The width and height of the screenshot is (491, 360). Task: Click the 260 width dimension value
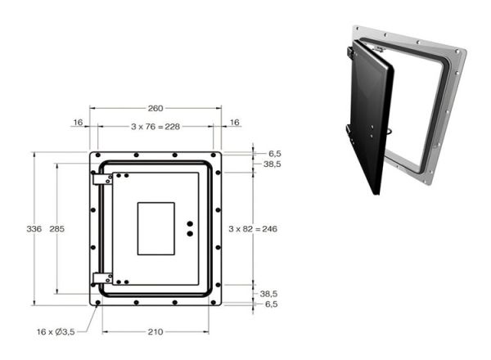coord(155,108)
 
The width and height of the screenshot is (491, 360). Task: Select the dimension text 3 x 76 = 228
coord(155,127)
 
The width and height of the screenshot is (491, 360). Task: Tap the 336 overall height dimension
coord(34,229)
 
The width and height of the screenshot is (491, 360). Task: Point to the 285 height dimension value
coord(57,229)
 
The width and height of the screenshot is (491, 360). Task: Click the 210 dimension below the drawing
coord(155,332)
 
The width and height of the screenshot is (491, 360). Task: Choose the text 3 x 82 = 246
coord(253,229)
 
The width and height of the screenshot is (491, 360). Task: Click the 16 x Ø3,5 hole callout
coord(56,332)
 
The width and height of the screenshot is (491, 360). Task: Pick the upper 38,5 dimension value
coord(273,164)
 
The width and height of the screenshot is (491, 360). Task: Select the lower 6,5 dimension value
coord(271,304)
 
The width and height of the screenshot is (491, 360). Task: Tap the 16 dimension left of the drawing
coord(78,122)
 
